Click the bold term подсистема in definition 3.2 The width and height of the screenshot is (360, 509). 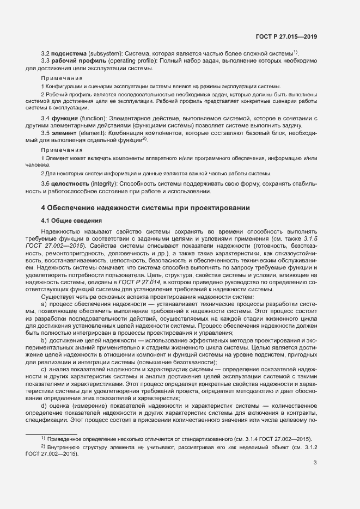pos(68,53)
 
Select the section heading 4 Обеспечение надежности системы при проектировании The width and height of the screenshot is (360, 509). pos(145,208)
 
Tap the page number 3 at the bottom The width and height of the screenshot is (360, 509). pos(315,463)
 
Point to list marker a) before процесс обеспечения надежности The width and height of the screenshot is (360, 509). pos(44,303)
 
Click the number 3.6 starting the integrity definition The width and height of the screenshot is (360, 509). pos(45,184)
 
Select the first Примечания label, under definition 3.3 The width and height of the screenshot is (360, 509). pos(62,78)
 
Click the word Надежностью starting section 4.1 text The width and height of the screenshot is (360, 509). pos(58,231)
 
